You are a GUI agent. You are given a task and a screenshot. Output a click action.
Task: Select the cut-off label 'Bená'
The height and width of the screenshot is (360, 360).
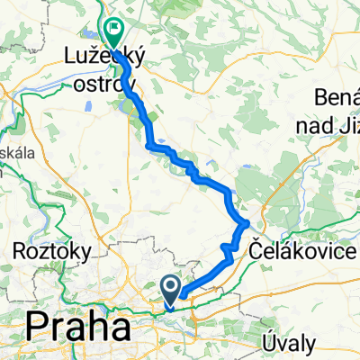tap(338, 96)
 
